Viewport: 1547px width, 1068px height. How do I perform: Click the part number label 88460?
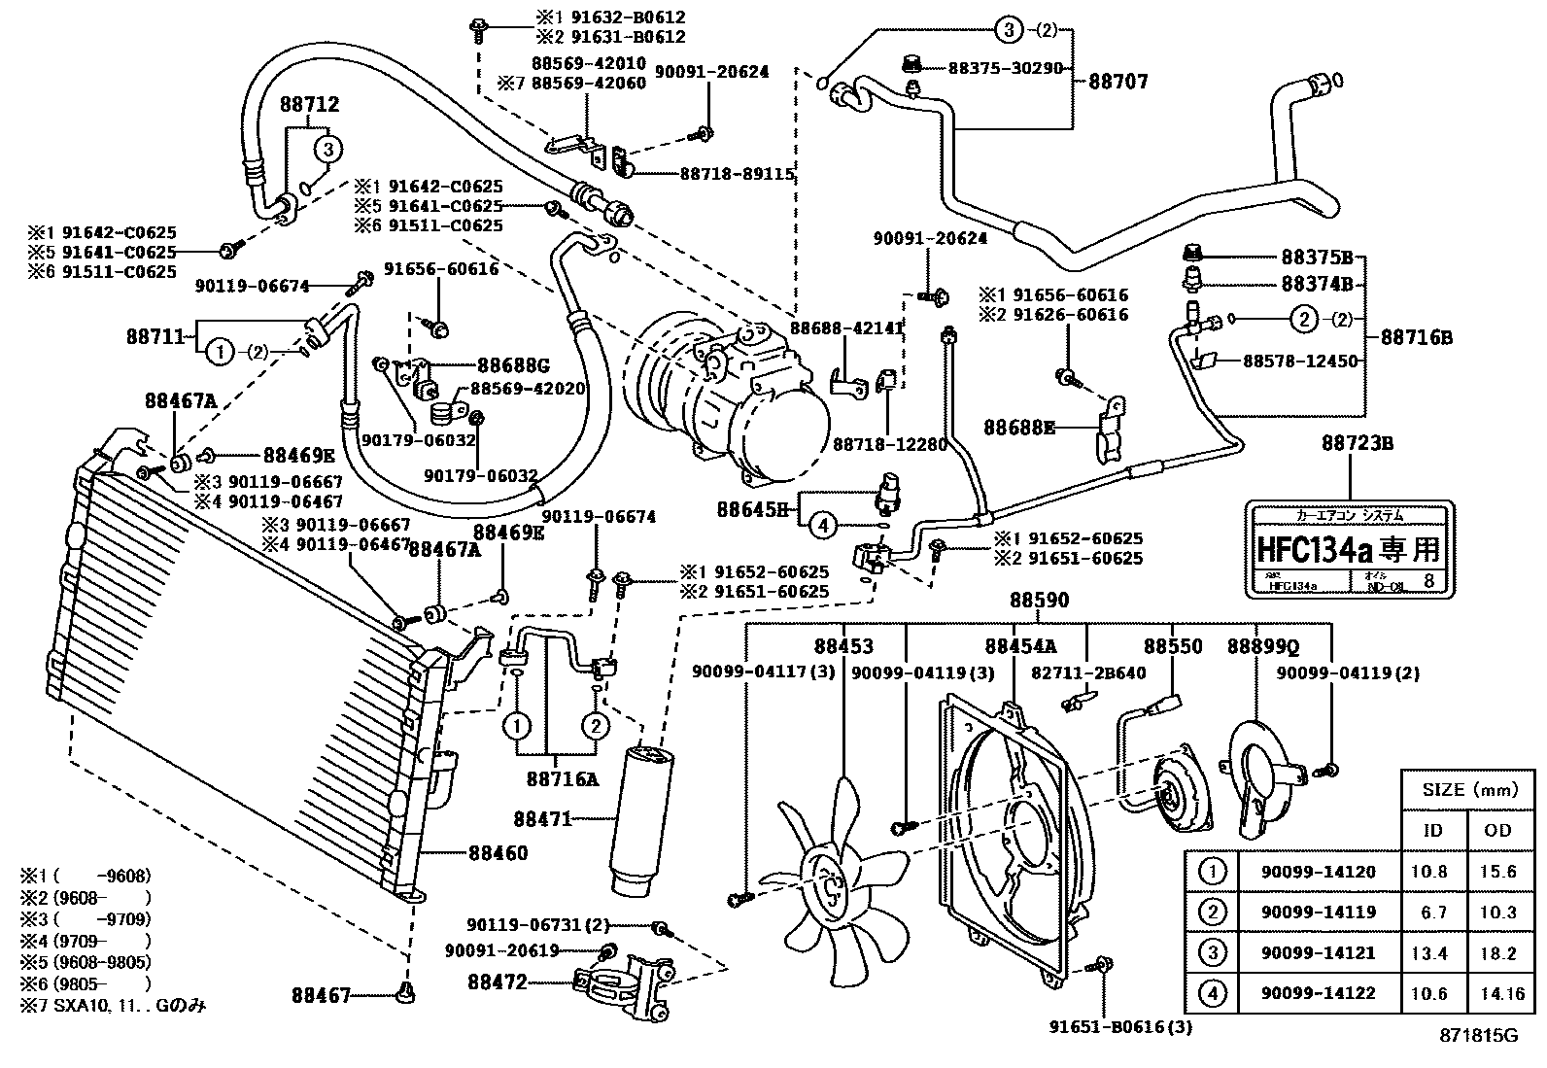pos(498,853)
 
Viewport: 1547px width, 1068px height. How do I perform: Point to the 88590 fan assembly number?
pos(1038,601)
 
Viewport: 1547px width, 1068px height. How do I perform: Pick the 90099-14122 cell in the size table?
pos(1318,993)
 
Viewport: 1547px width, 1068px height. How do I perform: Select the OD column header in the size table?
pos(1498,829)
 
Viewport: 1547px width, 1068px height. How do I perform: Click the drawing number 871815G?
pos(1478,1036)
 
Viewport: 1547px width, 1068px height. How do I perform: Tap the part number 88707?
pos(1117,82)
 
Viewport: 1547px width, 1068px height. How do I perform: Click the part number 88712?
pos(310,104)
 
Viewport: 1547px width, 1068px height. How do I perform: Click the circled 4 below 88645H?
pos(823,526)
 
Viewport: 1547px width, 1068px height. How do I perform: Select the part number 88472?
pos(497,982)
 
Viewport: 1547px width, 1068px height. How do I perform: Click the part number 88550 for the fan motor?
pos(1172,646)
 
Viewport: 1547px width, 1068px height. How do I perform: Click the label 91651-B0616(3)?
pos(1120,1026)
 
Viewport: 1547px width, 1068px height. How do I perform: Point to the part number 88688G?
pos(513,365)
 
